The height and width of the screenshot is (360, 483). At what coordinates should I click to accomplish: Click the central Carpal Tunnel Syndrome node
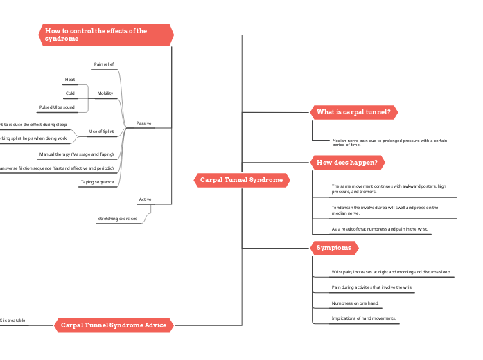pyautogui.click(x=241, y=180)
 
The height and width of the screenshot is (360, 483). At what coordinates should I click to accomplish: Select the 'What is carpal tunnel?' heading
pyautogui.click(x=353, y=112)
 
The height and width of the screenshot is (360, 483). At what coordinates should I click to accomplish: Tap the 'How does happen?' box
pyautogui.click(x=347, y=163)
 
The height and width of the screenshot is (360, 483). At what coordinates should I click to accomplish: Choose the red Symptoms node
pyautogui.click(x=334, y=248)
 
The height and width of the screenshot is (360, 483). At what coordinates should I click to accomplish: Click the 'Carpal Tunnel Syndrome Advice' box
pyautogui.click(x=113, y=325)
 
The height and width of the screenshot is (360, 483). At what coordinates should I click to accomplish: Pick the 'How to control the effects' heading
pyautogui.click(x=105, y=35)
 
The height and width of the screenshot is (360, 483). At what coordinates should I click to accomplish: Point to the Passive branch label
pyautogui.click(x=144, y=123)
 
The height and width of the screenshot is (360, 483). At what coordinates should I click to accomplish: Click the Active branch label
pyautogui.click(x=145, y=199)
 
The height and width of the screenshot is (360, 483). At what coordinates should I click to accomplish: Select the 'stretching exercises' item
pyautogui.click(x=118, y=219)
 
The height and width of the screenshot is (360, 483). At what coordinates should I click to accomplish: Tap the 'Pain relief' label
pyautogui.click(x=104, y=64)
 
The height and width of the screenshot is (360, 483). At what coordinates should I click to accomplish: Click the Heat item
pyautogui.click(x=70, y=80)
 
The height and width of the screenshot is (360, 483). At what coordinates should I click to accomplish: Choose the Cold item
pyautogui.click(x=70, y=93)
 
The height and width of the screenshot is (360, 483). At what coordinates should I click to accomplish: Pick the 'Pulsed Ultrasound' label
pyautogui.click(x=57, y=107)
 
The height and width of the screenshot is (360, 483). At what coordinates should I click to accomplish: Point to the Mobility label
pyautogui.click(x=105, y=93)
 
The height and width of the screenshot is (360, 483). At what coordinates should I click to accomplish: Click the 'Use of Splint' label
pyautogui.click(x=101, y=131)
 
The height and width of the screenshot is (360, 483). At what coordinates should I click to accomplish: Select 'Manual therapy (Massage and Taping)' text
pyautogui.click(x=76, y=154)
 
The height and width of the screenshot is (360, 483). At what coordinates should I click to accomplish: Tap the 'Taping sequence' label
pyautogui.click(x=97, y=182)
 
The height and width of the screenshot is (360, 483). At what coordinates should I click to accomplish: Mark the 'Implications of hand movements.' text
pyautogui.click(x=364, y=318)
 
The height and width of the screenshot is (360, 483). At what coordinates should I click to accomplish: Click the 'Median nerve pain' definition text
pyautogui.click(x=389, y=143)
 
